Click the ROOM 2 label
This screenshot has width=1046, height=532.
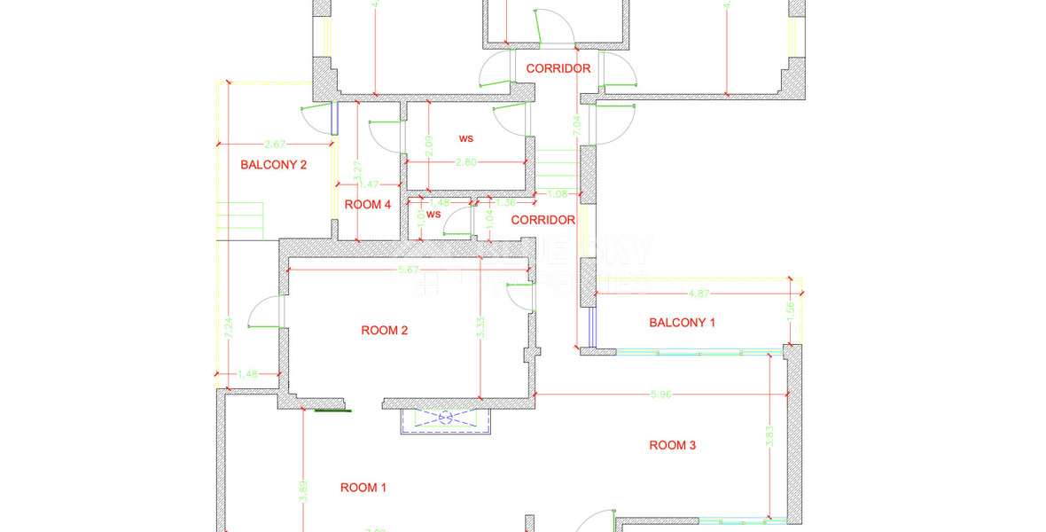click(x=385, y=331)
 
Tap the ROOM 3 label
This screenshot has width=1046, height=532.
click(x=673, y=445)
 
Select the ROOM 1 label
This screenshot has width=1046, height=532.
click(x=363, y=488)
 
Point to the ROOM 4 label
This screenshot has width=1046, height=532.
click(x=368, y=205)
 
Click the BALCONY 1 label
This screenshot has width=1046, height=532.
click(x=682, y=323)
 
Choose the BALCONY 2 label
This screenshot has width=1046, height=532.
click(x=274, y=164)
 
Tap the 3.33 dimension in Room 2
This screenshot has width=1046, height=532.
click(x=480, y=329)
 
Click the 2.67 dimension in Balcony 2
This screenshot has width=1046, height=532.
click(x=276, y=144)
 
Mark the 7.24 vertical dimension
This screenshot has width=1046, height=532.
click(x=228, y=329)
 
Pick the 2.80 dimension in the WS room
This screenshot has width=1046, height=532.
click(x=466, y=162)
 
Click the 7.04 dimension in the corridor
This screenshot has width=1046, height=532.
click(x=577, y=126)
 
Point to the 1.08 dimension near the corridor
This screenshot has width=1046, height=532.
click(x=558, y=193)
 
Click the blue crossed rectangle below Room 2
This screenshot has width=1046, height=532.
click(x=445, y=418)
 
